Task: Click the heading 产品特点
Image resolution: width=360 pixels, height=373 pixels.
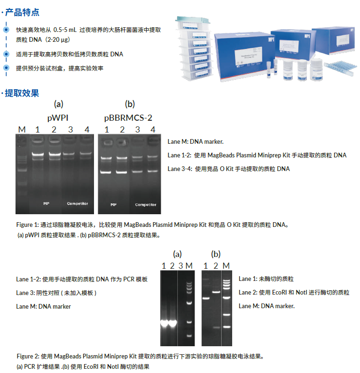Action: [x=22, y=12]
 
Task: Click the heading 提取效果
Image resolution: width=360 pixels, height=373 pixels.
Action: [x=22, y=93]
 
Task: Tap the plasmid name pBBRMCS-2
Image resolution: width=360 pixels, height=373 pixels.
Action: [x=128, y=117]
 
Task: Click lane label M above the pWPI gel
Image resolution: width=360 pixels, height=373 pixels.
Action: [x=21, y=129]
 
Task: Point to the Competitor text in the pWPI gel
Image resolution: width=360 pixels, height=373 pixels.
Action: [x=78, y=203]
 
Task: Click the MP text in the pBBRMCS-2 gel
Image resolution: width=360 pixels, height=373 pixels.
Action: [x=113, y=205]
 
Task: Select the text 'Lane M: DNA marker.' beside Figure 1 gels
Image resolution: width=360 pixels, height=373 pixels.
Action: [x=196, y=141]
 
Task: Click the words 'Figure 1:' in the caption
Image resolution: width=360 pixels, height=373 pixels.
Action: [x=28, y=225]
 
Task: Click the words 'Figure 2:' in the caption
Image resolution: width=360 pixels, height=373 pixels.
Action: [x=28, y=356]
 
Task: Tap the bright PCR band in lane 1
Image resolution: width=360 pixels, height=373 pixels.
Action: [x=164, y=323]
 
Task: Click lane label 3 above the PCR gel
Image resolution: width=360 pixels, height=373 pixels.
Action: [x=180, y=266]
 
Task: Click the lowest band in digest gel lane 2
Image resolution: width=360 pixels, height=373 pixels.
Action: [x=216, y=327]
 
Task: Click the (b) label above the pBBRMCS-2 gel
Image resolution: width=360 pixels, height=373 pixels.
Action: [x=130, y=104]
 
